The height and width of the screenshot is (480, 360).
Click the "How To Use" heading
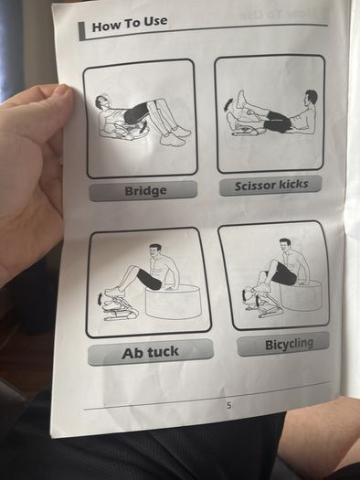coord(130,24)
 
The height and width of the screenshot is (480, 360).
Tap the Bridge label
coord(145,191)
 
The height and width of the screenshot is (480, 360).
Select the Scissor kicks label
coord(271,186)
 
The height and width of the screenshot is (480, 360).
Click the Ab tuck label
coord(150,352)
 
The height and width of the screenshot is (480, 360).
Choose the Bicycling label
coord(289,344)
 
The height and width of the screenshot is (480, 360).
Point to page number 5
coord(229,406)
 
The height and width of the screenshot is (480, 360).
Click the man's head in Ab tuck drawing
coord(155,251)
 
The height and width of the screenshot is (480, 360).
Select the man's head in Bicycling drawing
coord(286,246)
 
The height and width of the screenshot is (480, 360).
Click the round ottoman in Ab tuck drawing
coord(173,301)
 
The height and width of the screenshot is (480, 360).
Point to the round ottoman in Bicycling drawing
coord(301,295)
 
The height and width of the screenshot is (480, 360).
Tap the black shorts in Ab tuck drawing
coord(149,279)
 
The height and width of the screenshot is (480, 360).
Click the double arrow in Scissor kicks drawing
coord(228,106)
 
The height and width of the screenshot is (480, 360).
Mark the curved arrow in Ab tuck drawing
coord(100,299)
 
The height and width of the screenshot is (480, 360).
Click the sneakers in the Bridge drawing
coord(175,136)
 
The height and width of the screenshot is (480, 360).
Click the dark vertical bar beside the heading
coord(81,31)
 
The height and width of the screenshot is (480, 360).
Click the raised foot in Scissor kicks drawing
coord(241,99)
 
